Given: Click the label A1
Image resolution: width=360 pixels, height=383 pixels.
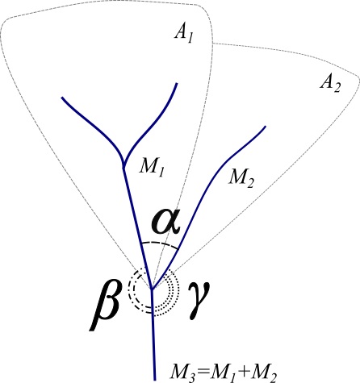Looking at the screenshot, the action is click(184, 35).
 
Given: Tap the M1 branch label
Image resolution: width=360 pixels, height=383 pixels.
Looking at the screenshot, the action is click(152, 168).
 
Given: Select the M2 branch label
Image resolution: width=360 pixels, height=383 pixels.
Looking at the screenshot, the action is click(241, 179).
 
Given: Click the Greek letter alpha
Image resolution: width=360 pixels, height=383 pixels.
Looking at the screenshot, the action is click(166, 222).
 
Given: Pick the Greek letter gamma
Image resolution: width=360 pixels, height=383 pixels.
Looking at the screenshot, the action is click(199, 301).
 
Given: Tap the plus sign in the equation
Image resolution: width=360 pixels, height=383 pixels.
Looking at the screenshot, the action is click(244, 373).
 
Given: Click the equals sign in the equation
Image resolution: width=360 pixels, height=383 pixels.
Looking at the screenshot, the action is click(203, 373).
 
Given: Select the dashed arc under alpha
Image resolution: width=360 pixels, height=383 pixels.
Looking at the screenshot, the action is click(160, 244).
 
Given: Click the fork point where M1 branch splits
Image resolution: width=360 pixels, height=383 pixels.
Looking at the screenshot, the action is click(123, 164).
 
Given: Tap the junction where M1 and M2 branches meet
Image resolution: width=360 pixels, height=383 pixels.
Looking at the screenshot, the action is click(152, 289).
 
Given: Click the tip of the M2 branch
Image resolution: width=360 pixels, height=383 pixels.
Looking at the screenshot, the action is click(266, 126).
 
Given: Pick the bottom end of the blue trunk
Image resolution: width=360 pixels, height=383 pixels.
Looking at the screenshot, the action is click(155, 380).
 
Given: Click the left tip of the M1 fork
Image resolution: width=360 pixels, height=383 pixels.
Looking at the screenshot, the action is click(62, 98).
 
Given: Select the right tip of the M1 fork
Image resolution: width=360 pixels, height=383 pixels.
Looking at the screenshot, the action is click(177, 83).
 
